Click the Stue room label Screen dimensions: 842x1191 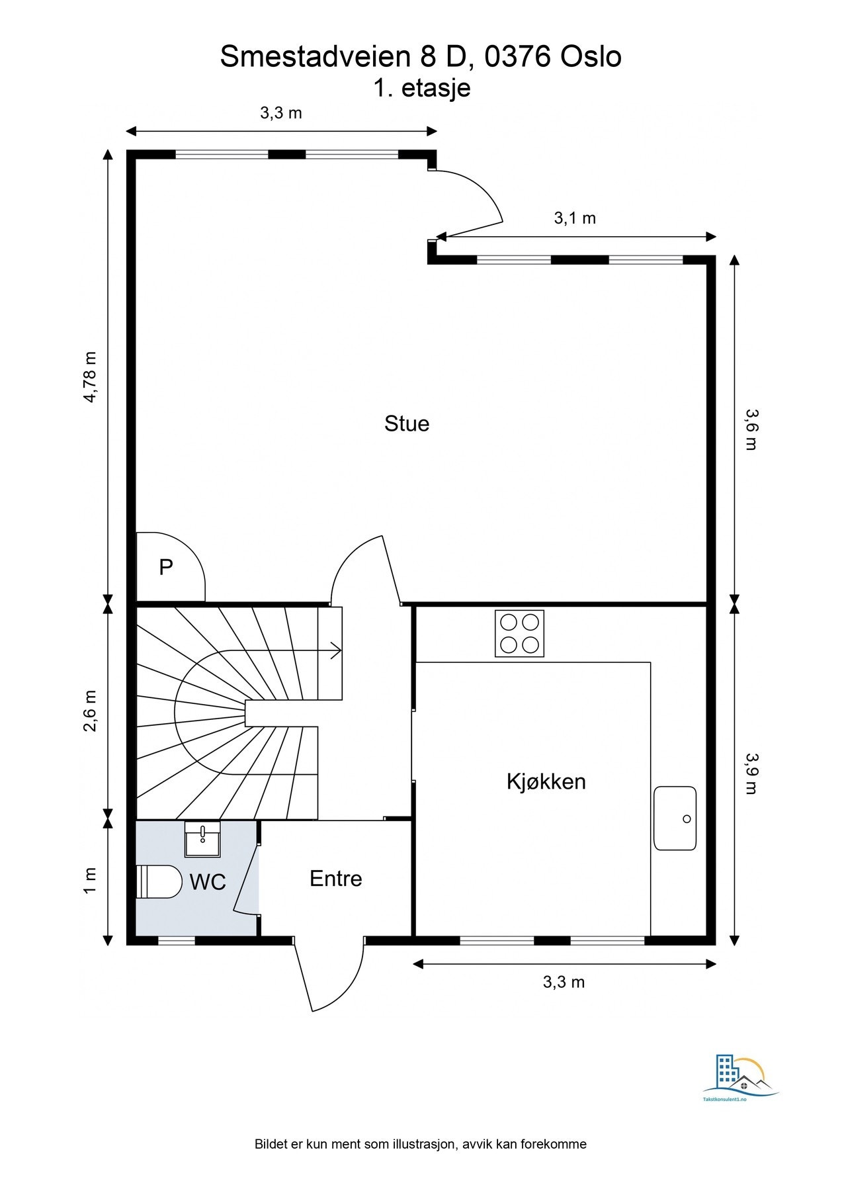coord(407,423)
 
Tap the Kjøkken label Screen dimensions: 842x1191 coord(546,781)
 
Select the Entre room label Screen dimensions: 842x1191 coord(336,879)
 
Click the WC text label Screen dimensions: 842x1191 coord(208,882)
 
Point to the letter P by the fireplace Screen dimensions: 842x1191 coord(165,567)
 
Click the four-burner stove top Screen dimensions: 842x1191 coord(519,633)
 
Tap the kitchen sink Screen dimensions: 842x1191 coord(675,818)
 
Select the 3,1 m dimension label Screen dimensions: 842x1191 coord(575,218)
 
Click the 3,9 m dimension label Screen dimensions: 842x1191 coord(751,773)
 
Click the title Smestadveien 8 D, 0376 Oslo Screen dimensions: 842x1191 coord(421,57)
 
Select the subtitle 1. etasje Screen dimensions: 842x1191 coord(422,88)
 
